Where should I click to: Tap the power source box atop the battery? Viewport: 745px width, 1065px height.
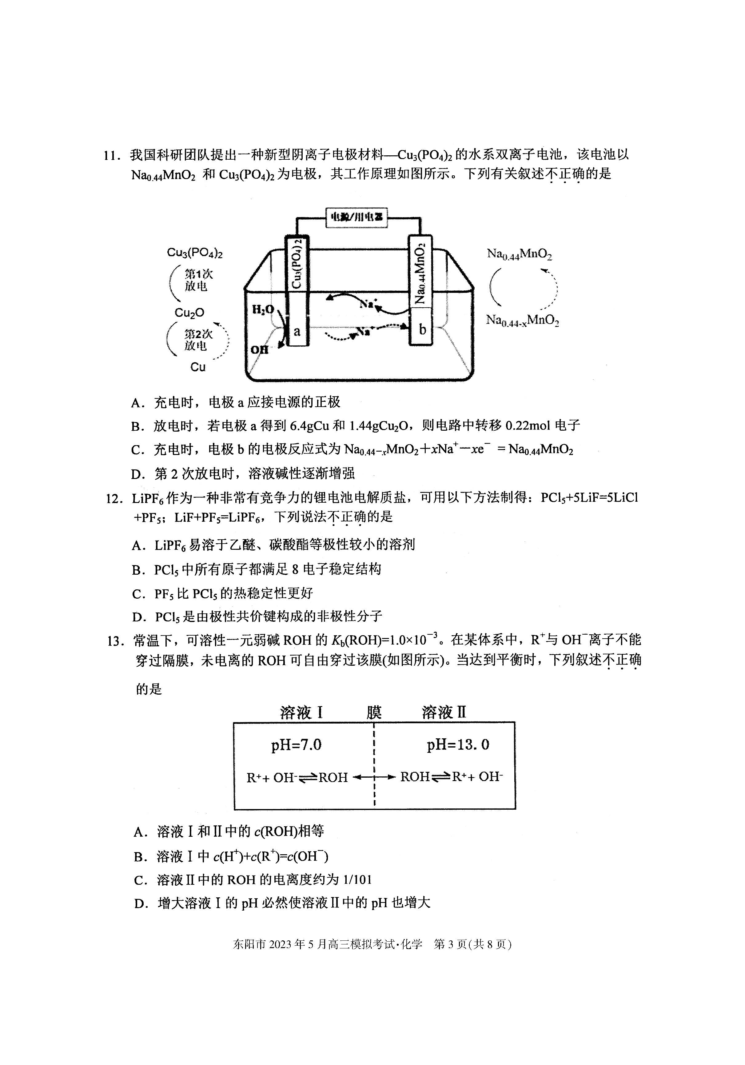pos(357,217)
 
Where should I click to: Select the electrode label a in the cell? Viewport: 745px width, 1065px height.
pos(297,331)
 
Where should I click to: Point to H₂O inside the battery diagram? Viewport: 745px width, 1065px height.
pos(263,309)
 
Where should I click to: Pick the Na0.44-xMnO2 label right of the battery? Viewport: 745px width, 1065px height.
pos(522,320)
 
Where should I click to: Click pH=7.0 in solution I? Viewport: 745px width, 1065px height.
pos(297,745)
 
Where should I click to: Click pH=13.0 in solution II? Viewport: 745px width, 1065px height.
pos(458,745)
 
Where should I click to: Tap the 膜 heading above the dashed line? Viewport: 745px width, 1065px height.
pos(374,712)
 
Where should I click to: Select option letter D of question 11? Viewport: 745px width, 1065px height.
pos(138,474)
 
